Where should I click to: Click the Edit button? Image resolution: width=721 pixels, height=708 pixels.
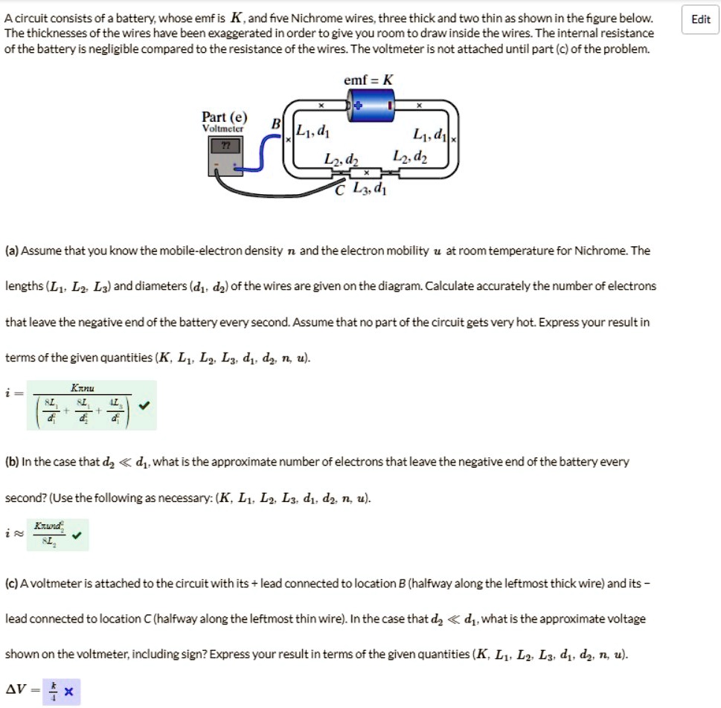coord(701,19)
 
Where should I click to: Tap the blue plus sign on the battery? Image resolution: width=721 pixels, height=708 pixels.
coord(357,106)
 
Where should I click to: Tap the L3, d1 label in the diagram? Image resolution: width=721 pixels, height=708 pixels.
coord(370,189)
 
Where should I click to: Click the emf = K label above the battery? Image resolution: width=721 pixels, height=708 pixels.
coord(369,79)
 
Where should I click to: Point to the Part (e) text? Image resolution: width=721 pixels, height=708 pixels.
coord(225,118)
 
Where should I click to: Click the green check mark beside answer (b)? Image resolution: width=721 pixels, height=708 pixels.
coord(77,534)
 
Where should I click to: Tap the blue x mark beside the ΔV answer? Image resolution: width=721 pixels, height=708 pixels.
coord(68,692)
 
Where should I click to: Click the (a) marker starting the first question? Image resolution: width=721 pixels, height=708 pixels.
coord(12,251)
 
